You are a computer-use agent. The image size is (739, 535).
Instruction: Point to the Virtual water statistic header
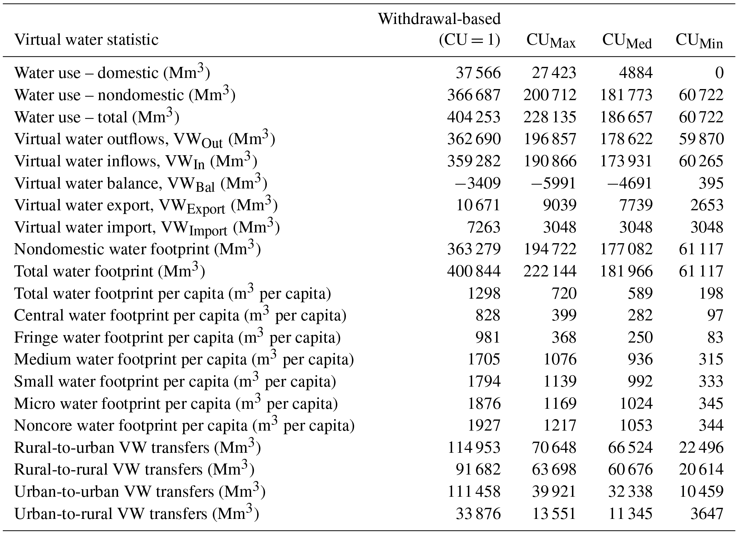point(86,39)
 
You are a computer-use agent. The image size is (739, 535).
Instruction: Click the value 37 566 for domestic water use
point(478,73)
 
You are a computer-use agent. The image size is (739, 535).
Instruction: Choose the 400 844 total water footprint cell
point(474,271)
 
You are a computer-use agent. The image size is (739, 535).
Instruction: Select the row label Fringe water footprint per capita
point(177,338)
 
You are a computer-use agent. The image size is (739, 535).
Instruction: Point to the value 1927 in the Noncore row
point(484,426)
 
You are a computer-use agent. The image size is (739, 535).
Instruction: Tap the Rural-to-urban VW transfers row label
point(137,448)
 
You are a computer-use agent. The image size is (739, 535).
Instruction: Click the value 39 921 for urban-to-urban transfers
point(554,492)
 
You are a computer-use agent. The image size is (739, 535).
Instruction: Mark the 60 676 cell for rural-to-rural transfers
point(630,470)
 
